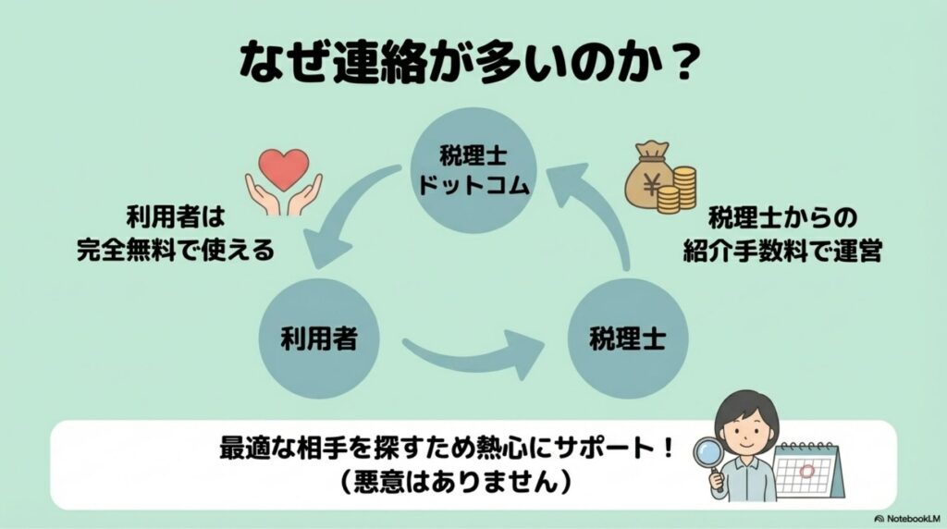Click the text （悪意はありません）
[448, 482]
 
